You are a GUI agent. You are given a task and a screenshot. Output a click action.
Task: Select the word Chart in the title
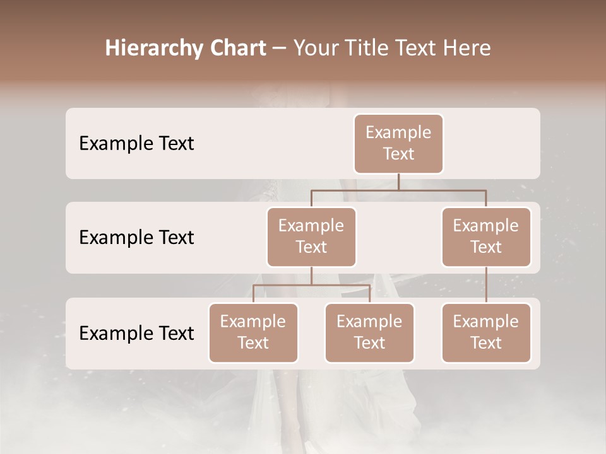click(237, 49)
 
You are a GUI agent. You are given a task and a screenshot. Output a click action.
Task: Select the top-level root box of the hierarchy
click(398, 144)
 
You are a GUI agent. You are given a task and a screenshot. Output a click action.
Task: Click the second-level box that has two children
click(311, 237)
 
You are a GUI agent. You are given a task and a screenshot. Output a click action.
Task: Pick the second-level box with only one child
click(486, 237)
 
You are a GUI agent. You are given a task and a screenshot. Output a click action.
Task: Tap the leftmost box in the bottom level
click(253, 333)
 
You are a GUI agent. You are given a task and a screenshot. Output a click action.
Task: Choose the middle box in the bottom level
click(369, 333)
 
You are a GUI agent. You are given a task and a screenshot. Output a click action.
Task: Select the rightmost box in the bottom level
click(486, 333)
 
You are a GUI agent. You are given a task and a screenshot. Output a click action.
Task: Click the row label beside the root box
click(136, 144)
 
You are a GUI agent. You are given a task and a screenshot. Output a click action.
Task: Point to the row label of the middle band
click(136, 238)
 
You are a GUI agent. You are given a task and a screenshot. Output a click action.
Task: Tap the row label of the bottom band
click(136, 334)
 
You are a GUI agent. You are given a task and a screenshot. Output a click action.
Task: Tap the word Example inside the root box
click(398, 133)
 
